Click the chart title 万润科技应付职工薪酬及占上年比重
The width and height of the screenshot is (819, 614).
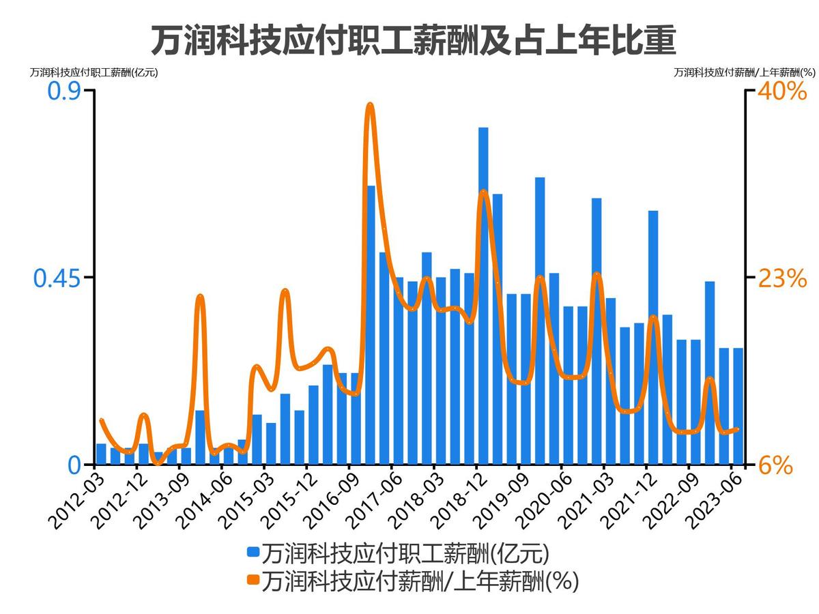click(x=413, y=40)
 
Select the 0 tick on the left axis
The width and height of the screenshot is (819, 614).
click(x=74, y=465)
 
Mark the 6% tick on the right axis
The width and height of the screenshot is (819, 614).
click(x=775, y=465)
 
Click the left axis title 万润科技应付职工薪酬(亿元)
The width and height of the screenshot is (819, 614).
click(x=94, y=72)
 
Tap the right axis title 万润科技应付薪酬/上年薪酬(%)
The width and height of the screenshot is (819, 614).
click(x=745, y=72)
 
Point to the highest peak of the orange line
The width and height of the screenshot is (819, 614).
click(x=370, y=105)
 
